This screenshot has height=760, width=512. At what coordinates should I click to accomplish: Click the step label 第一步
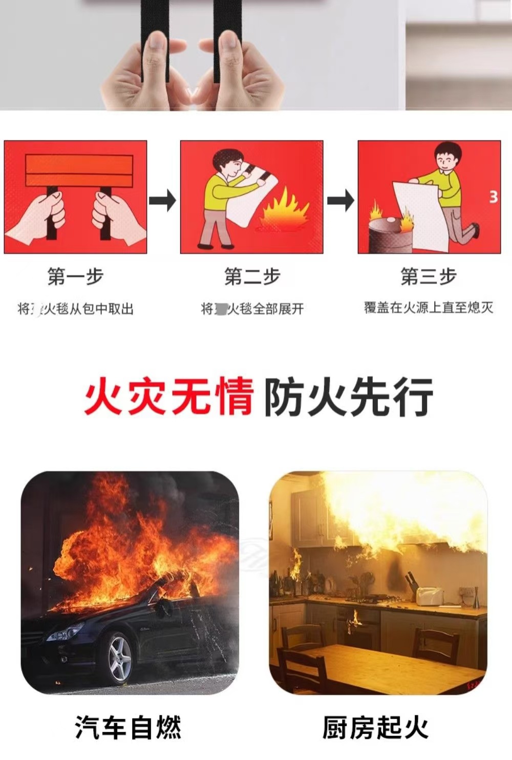tap(75, 277)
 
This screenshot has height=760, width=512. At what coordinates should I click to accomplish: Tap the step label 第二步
tap(252, 277)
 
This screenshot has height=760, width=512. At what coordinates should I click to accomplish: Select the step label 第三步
tap(429, 277)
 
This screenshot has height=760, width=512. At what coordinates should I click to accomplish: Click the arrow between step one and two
tap(163, 200)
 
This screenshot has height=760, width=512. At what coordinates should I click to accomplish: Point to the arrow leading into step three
tap(340, 200)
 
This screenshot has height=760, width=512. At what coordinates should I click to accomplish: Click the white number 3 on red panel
tap(493, 197)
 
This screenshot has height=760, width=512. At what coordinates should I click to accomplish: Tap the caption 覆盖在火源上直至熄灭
tap(429, 308)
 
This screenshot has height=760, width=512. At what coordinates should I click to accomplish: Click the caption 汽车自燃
tap(128, 727)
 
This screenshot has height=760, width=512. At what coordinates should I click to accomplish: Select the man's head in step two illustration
tap(227, 162)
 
